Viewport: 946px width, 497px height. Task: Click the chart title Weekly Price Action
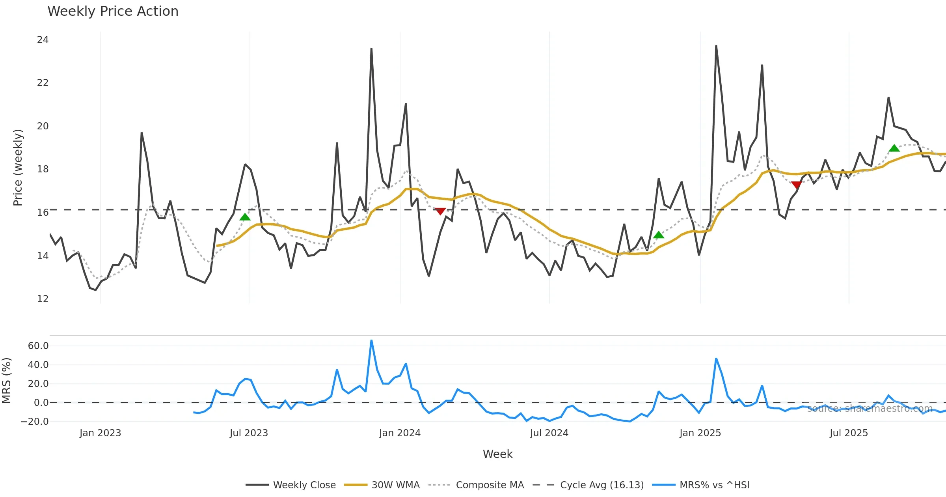click(x=113, y=11)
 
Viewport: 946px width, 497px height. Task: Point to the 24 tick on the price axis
click(x=43, y=40)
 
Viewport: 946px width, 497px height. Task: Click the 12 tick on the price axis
click(x=43, y=299)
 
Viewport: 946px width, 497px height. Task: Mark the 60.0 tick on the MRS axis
click(x=38, y=346)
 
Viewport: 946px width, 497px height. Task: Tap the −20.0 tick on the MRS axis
click(x=35, y=422)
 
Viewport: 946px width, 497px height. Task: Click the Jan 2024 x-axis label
click(x=400, y=433)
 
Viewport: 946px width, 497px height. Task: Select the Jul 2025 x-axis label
click(x=849, y=433)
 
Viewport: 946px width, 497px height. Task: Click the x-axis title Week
click(x=497, y=454)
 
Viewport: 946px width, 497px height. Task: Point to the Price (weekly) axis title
click(x=18, y=168)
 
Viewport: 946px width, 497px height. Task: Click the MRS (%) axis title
click(x=7, y=381)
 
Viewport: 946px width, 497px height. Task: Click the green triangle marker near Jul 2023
click(x=245, y=217)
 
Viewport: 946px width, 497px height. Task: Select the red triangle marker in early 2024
click(x=440, y=211)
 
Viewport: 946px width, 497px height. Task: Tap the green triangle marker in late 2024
click(x=659, y=235)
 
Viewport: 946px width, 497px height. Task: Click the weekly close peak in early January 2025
click(x=716, y=46)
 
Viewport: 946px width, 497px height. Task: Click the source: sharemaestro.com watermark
click(x=870, y=409)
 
